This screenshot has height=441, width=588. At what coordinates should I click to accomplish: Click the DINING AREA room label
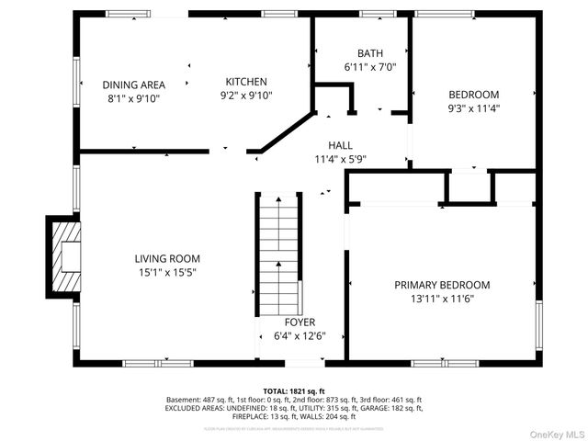pyautogui.click(x=134, y=85)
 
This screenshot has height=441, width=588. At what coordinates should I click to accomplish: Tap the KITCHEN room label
pyautogui.click(x=246, y=82)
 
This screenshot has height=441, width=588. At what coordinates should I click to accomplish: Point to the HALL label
pyautogui.click(x=341, y=145)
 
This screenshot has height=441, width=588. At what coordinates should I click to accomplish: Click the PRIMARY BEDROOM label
pyautogui.click(x=442, y=285)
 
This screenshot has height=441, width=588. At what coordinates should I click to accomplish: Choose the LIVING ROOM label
pyautogui.click(x=166, y=259)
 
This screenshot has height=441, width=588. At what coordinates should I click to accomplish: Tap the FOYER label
pyautogui.click(x=300, y=322)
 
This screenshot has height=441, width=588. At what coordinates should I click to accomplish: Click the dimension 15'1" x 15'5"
pyautogui.click(x=166, y=272)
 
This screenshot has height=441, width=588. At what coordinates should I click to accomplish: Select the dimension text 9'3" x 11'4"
pyautogui.click(x=473, y=107)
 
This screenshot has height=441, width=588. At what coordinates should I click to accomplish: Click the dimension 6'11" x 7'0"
pyautogui.click(x=370, y=67)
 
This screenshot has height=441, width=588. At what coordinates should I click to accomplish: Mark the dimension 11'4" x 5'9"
pyautogui.click(x=341, y=158)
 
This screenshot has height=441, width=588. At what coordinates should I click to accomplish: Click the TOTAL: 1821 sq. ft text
pyautogui.click(x=294, y=391)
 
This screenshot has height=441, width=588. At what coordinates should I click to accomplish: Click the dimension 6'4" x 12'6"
pyautogui.click(x=300, y=336)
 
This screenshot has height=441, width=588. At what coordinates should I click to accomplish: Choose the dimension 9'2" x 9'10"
pyautogui.click(x=246, y=95)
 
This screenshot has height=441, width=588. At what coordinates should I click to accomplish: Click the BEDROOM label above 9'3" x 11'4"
pyautogui.click(x=473, y=95)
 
